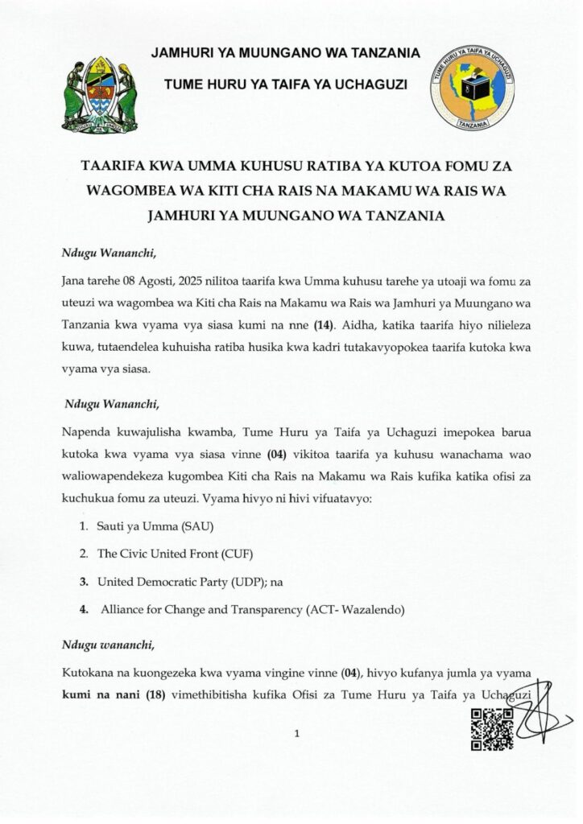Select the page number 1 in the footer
click(x=297, y=733)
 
